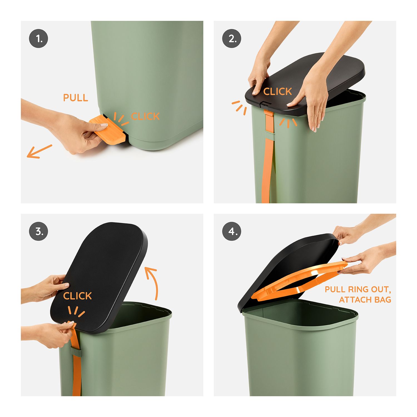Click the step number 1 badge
pos(38,39)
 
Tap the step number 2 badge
pos(232,39)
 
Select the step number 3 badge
pos(38,232)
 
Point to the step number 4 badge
pos(232,232)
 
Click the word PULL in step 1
pos(76,98)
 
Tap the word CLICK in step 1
pos(145,116)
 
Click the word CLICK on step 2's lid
pos(277,91)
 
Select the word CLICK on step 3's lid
pos(77,296)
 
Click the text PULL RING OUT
pos(358,289)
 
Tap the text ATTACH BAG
pos(365,300)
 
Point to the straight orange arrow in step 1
pos(39,152)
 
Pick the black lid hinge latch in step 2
pos(265,105)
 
